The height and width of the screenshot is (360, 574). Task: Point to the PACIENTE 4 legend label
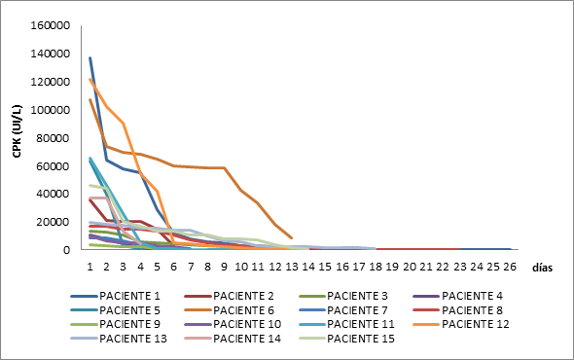pos(473,295)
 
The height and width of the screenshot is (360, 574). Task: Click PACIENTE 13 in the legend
pos(131,339)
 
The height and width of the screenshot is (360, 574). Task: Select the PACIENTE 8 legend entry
pos(473,309)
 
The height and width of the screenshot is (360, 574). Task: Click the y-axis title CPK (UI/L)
pos(17,138)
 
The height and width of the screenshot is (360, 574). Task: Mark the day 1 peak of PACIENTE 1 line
pos(90,58)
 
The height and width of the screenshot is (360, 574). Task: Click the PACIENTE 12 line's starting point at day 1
pos(90,80)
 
